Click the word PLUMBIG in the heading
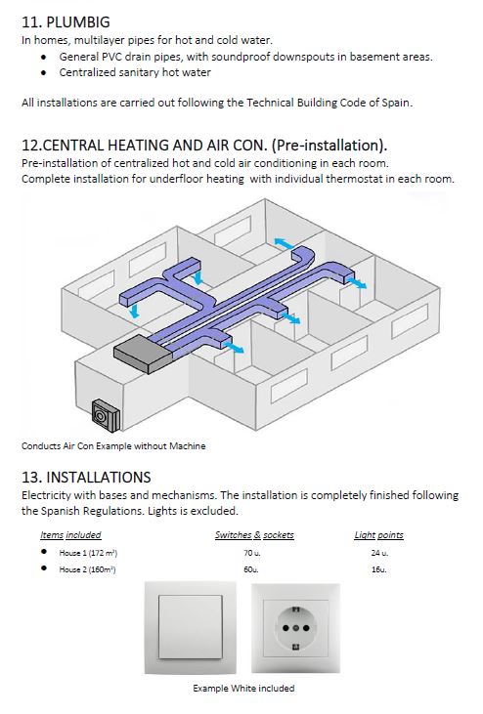(78, 21)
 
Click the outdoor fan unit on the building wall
(107, 416)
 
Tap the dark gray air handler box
(142, 354)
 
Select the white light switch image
(191, 627)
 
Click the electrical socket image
(295, 628)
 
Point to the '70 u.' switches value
(252, 553)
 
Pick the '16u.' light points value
(378, 569)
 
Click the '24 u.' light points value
(379, 553)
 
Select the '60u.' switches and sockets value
(251, 569)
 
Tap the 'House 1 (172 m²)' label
(88, 553)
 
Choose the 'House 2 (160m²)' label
(87, 569)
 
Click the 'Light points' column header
(379, 535)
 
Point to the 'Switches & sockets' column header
(255, 535)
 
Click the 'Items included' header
(70, 535)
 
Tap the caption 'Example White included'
(243, 688)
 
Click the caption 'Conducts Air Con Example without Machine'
(113, 446)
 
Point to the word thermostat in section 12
(355, 179)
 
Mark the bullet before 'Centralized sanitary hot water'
(44, 72)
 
